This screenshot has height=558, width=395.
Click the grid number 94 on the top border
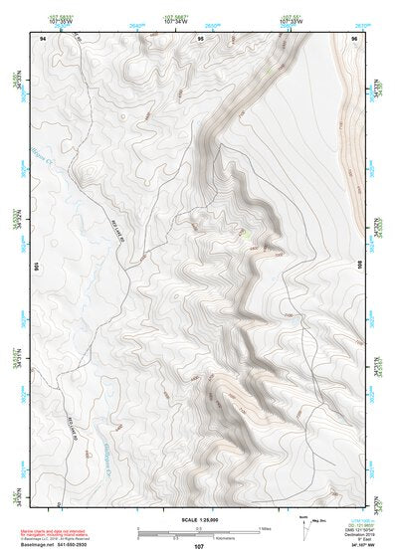43,38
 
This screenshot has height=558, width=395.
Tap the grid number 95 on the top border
201,38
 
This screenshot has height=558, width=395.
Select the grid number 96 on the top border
354,38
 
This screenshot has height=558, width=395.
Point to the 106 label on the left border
36,267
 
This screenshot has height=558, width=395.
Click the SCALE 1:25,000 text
198,519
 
